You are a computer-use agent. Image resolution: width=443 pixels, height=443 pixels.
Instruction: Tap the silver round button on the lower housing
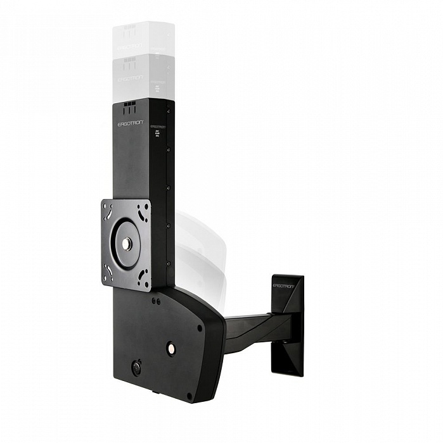[170, 347]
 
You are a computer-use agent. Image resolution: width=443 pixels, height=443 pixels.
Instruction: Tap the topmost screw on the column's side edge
[168, 111]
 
